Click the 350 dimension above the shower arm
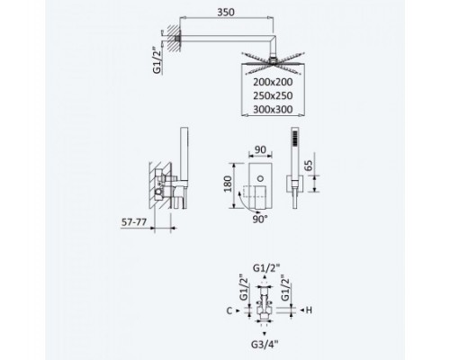pyautogui.click(x=226, y=13)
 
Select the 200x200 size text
pyautogui.click(x=273, y=82)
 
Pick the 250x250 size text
pyautogui.click(x=273, y=95)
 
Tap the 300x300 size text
pyautogui.click(x=273, y=109)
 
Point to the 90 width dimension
pyautogui.click(x=260, y=149)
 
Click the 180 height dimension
pyautogui.click(x=228, y=184)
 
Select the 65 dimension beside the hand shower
pyautogui.click(x=308, y=166)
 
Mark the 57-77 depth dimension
pyautogui.click(x=134, y=222)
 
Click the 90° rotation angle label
pyautogui.click(x=260, y=220)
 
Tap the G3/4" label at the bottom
pyautogui.click(x=265, y=344)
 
